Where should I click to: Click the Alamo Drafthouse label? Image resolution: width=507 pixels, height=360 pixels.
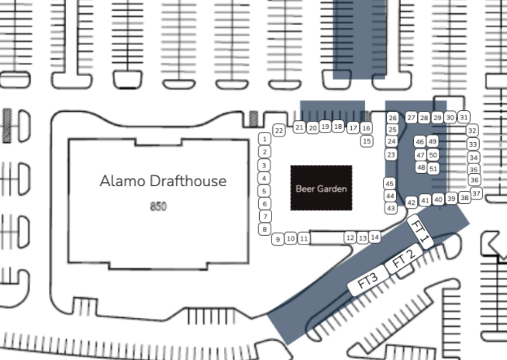[x=163, y=181]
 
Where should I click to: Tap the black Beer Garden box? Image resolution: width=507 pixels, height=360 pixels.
[x=321, y=188]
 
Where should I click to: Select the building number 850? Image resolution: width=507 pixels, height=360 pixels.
[x=158, y=206]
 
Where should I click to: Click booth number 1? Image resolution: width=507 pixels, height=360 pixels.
[x=265, y=139]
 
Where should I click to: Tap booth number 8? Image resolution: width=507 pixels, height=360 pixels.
[x=265, y=229]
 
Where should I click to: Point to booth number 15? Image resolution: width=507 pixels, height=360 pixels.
[x=367, y=141]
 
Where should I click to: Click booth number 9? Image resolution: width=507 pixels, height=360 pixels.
[x=277, y=239]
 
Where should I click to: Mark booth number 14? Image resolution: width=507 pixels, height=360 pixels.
[x=374, y=237]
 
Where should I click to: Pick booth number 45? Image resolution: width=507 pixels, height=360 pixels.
[x=389, y=184]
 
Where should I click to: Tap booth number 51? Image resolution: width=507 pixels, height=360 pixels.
[x=433, y=168]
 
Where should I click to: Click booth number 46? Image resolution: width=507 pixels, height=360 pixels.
[x=419, y=142]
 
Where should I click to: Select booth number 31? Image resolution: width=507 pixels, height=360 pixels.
[x=464, y=117]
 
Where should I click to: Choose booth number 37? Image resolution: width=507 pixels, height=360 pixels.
[x=476, y=193]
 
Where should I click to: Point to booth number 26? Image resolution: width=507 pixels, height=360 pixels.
[x=392, y=118]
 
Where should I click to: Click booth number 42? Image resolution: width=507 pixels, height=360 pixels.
[x=412, y=202]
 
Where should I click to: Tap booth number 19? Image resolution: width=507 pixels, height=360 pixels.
[x=325, y=126]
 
